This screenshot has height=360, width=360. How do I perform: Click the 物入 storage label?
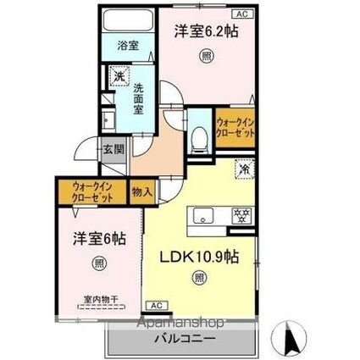[x=141, y=191]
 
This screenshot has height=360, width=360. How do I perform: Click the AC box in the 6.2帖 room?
[x=240, y=14]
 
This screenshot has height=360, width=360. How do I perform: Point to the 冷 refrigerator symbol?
[x=243, y=169]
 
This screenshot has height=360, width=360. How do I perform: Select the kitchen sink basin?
[x=204, y=216]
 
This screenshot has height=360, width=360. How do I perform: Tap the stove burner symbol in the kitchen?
[x=239, y=216]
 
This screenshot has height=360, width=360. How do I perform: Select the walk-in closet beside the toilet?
[x=234, y=128]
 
